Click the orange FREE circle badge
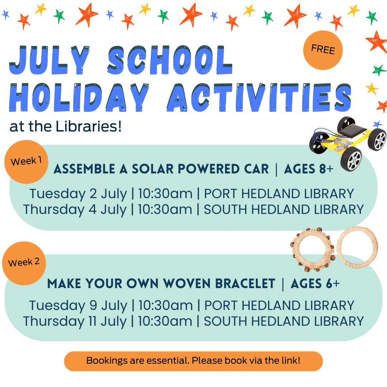click(x=323, y=50)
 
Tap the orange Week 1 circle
click(x=26, y=162)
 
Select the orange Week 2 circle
click(x=24, y=263)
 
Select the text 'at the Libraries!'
click(x=66, y=126)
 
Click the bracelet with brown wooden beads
click(x=312, y=250)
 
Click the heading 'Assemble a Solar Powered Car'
click(x=161, y=169)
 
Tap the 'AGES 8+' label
click(x=309, y=169)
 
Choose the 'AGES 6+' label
click(x=315, y=284)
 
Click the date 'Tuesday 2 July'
click(x=78, y=194)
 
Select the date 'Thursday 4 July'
click(x=75, y=210)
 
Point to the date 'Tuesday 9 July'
click(x=78, y=306)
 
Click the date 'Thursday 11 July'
click(x=75, y=321)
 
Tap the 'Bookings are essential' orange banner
click(x=193, y=360)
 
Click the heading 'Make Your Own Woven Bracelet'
click(x=161, y=284)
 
